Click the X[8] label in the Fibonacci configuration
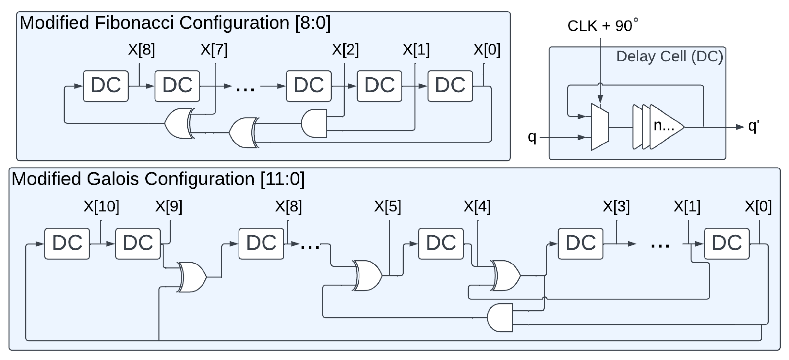tap(141, 50)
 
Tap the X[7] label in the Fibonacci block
tap(214, 50)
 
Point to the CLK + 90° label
tap(602, 26)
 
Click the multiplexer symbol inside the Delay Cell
tap(600, 127)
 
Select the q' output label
tap(753, 126)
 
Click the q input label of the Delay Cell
tap(532, 137)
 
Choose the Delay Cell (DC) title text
tap(669, 56)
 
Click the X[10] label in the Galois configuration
tap(101, 206)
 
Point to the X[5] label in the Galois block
tap(387, 206)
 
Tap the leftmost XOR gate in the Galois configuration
tap(192, 277)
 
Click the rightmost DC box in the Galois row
tap(727, 244)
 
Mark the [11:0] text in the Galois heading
tap(282, 179)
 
